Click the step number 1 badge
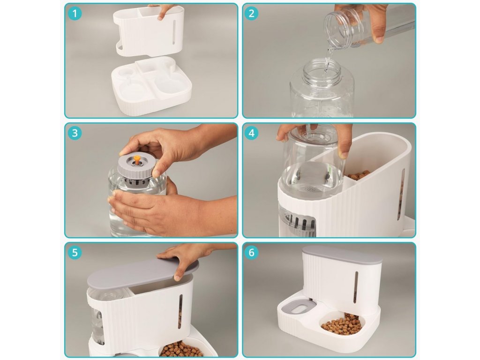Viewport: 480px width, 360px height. coord(75,14)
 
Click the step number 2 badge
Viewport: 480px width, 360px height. coord(252,14)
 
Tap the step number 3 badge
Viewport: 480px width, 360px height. coord(75,133)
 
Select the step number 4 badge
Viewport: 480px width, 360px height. coord(252,133)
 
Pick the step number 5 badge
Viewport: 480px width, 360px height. coord(75,253)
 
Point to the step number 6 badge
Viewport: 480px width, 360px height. coord(252,253)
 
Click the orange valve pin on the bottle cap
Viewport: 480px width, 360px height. coord(137,159)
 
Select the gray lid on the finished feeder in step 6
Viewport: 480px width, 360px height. coord(342,255)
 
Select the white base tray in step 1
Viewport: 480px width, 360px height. coord(151,86)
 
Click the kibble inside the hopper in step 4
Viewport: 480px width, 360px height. coord(359,176)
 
